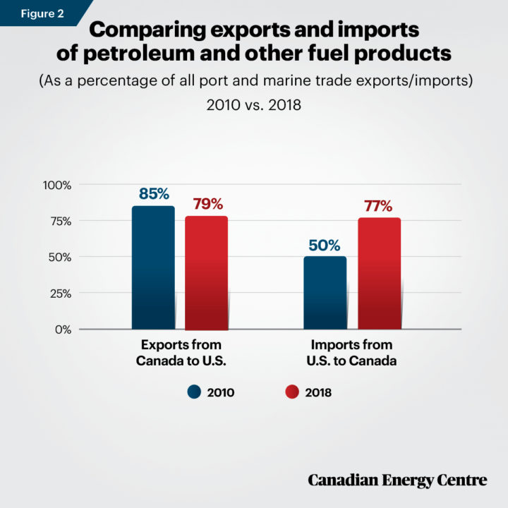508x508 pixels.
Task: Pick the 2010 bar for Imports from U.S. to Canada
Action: pos(325,292)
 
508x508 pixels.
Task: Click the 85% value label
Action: pos(153,193)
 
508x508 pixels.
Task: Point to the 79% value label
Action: pos(207,205)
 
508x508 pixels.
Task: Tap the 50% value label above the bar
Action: pos(325,246)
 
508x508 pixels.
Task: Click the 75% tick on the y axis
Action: pos(60,221)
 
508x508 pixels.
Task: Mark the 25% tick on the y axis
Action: pos(60,293)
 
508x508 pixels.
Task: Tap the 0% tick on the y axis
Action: pos(64,329)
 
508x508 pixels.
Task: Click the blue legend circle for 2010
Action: pos(195,392)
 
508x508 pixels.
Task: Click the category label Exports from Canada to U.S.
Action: pos(180,352)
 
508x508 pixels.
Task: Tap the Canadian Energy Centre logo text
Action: pos(397,480)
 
